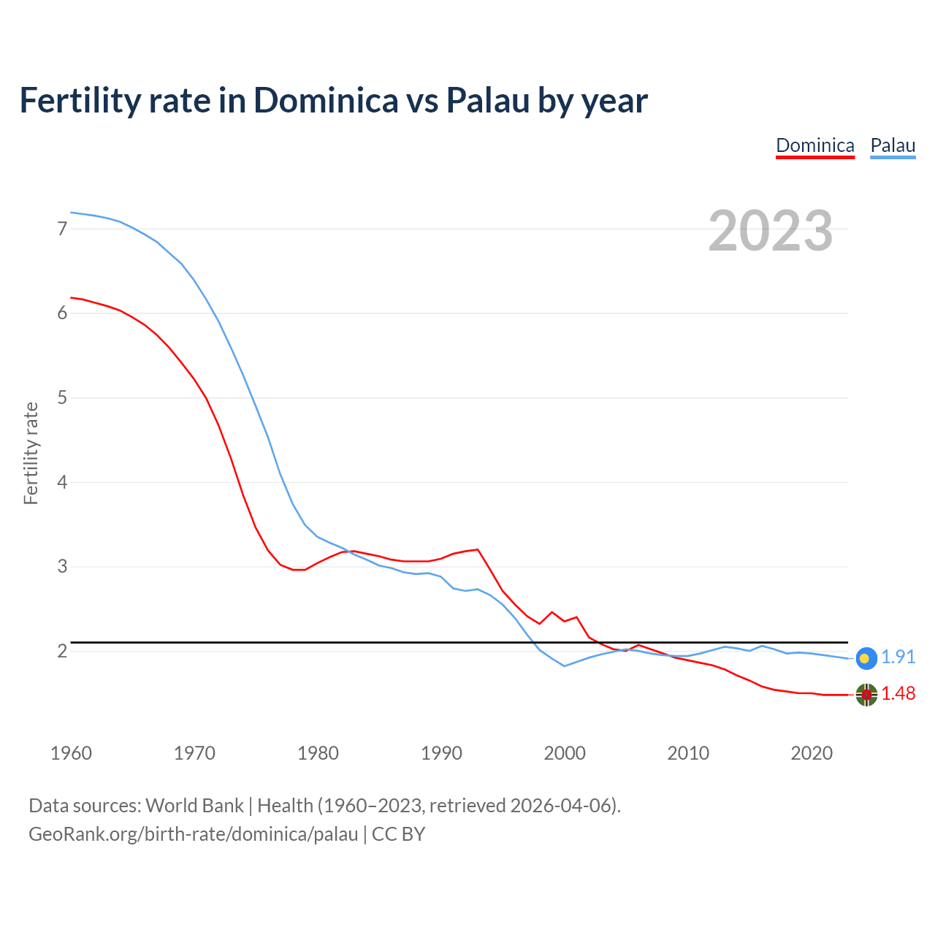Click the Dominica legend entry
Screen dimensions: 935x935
[814, 145]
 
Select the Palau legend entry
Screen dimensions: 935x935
[893, 145]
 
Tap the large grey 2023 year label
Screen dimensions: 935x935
[770, 231]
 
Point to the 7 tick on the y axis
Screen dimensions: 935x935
[62, 229]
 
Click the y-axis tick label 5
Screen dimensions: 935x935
[62, 398]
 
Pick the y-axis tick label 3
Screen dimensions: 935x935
[62, 567]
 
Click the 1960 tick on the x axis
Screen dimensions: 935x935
[71, 753]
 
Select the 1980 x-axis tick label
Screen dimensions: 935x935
[318, 753]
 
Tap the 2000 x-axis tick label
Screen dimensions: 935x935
[565, 753]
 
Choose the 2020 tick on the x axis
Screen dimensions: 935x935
[812, 753]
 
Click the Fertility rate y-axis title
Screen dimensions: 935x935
[31, 453]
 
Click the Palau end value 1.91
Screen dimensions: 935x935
[898, 657]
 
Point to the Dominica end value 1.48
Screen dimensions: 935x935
[898, 694]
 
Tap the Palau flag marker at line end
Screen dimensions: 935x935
[866, 658]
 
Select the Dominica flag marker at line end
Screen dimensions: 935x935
[866, 695]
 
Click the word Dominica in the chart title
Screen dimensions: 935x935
[326, 101]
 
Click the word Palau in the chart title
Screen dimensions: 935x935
[487, 101]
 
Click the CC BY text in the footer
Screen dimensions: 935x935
[398, 834]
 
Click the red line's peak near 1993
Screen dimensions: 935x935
[478, 549]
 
